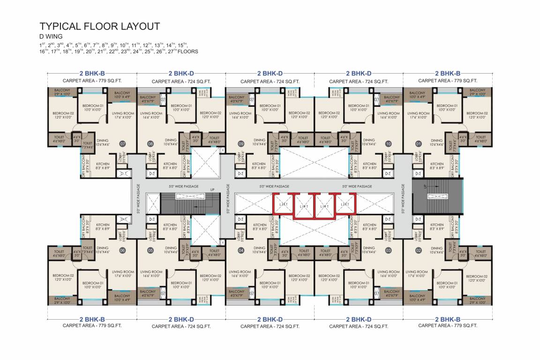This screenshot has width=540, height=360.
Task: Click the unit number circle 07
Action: coord(123,144)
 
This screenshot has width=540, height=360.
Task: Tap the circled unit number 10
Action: coord(388,144)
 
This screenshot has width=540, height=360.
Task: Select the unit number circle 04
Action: coord(241,251)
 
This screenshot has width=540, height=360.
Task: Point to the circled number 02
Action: coord(419,251)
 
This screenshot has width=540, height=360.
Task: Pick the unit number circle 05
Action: coord(150,251)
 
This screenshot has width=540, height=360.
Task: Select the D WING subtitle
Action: coord(51,37)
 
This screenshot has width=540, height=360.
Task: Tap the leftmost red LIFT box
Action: coord(283,204)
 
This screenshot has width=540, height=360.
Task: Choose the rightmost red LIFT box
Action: coord(345,204)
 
